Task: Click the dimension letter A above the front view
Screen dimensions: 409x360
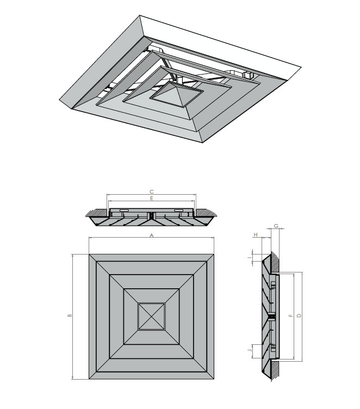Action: (x=152, y=236)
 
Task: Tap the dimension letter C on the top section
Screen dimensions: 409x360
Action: (x=152, y=191)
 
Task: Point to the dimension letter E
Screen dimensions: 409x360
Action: (x=152, y=199)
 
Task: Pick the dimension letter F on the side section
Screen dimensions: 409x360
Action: (x=291, y=315)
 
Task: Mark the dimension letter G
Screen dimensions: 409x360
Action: (x=276, y=225)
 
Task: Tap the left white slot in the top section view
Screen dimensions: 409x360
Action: (x=124, y=210)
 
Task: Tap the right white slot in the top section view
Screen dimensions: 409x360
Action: (x=179, y=210)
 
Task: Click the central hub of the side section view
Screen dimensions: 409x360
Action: (x=270, y=316)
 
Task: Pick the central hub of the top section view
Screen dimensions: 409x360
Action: (x=152, y=216)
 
